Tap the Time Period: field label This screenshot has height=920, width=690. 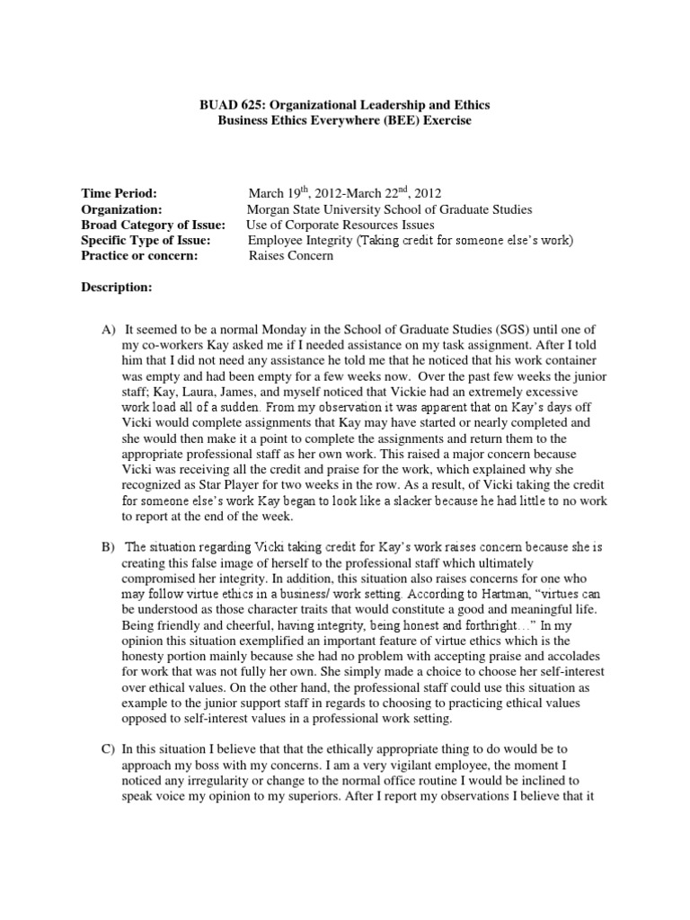coord(119,193)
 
